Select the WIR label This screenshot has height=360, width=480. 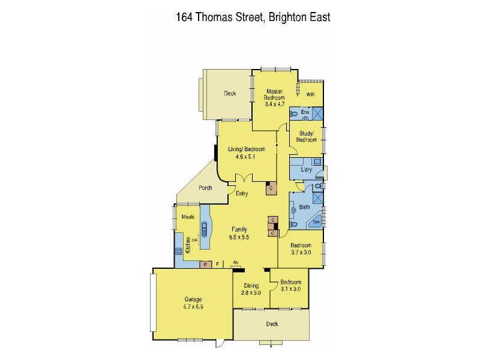[x=310, y=95]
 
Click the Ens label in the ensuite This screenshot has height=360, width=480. [x=304, y=112]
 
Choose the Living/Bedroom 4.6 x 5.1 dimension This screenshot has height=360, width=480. [x=242, y=157]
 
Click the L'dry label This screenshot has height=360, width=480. [x=307, y=170]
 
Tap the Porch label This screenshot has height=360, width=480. [x=206, y=188]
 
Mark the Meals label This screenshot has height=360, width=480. [x=187, y=217]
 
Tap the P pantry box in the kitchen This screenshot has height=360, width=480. [x=205, y=263]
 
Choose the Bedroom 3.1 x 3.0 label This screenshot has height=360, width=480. [x=290, y=285]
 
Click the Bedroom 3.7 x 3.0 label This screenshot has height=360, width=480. [x=301, y=249]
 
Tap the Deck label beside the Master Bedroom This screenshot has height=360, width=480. [x=230, y=94]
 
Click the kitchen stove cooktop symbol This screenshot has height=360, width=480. [x=179, y=253]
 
